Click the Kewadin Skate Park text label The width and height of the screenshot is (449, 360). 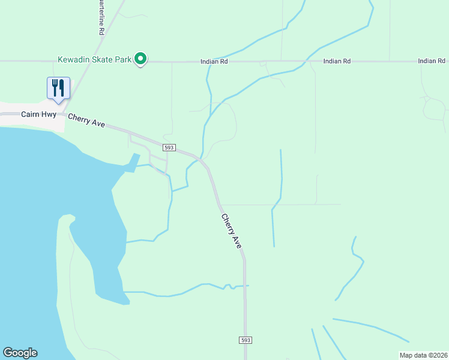[94, 59]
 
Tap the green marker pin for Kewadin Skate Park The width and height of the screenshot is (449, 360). [140, 59]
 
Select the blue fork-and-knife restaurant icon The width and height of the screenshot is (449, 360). [58, 88]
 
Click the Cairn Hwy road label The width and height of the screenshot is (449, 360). [38, 113]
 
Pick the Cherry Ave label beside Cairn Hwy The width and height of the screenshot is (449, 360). [86, 120]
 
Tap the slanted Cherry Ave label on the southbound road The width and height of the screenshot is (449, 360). [231, 232]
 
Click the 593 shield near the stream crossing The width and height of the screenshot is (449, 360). [169, 147]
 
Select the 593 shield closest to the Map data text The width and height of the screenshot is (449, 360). [246, 340]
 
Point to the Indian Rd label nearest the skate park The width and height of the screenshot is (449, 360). [214, 62]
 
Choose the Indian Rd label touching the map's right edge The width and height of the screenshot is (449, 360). [432, 61]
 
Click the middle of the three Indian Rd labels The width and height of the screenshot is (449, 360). [337, 61]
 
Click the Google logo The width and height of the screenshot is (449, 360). [20, 353]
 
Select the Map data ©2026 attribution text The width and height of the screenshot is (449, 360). [423, 355]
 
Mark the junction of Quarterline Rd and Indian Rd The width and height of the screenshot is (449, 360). [86, 61]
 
